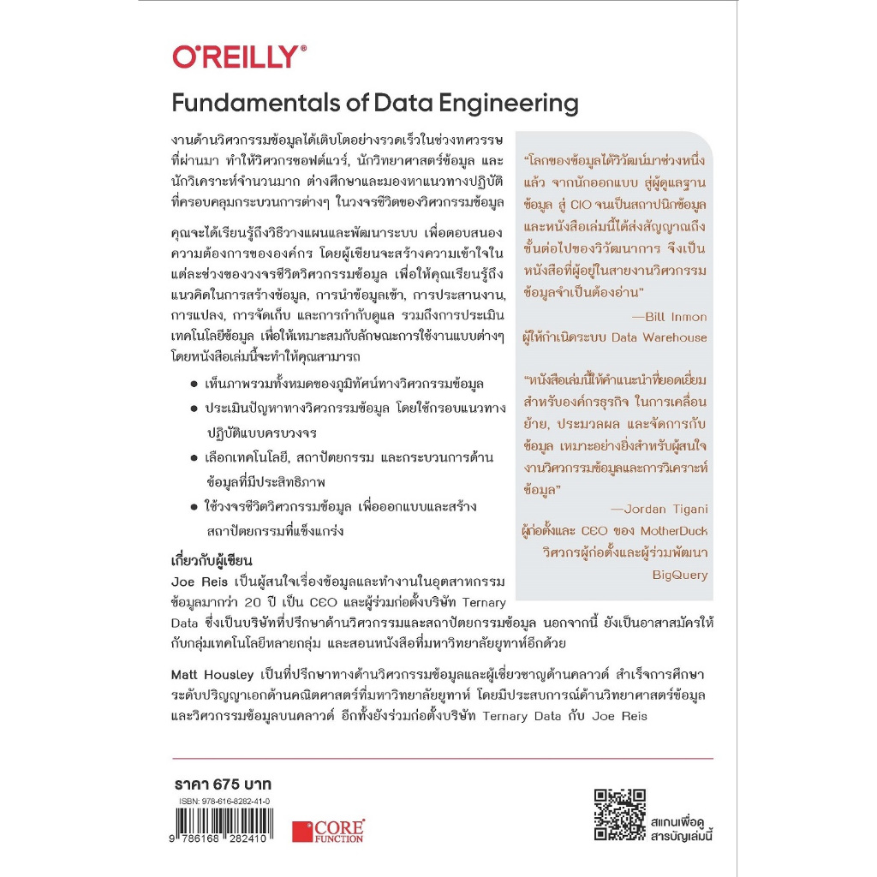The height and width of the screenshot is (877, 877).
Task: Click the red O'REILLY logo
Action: point(239,57)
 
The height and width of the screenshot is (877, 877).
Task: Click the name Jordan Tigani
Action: point(665,509)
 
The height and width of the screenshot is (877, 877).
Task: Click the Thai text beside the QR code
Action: point(681,822)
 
